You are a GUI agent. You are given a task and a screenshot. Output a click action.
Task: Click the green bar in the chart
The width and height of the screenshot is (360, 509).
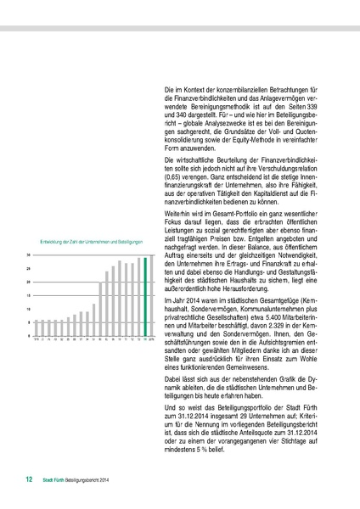click(x=145, y=297)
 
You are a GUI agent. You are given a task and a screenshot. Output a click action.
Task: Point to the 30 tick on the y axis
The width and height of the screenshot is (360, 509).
click(x=29, y=255)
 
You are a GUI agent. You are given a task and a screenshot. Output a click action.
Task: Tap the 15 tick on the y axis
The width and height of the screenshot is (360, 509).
click(x=29, y=295)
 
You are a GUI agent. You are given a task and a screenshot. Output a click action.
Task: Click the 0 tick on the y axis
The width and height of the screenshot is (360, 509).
click(x=30, y=336)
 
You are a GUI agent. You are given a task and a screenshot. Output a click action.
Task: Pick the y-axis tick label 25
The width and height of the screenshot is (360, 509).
click(x=29, y=269)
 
